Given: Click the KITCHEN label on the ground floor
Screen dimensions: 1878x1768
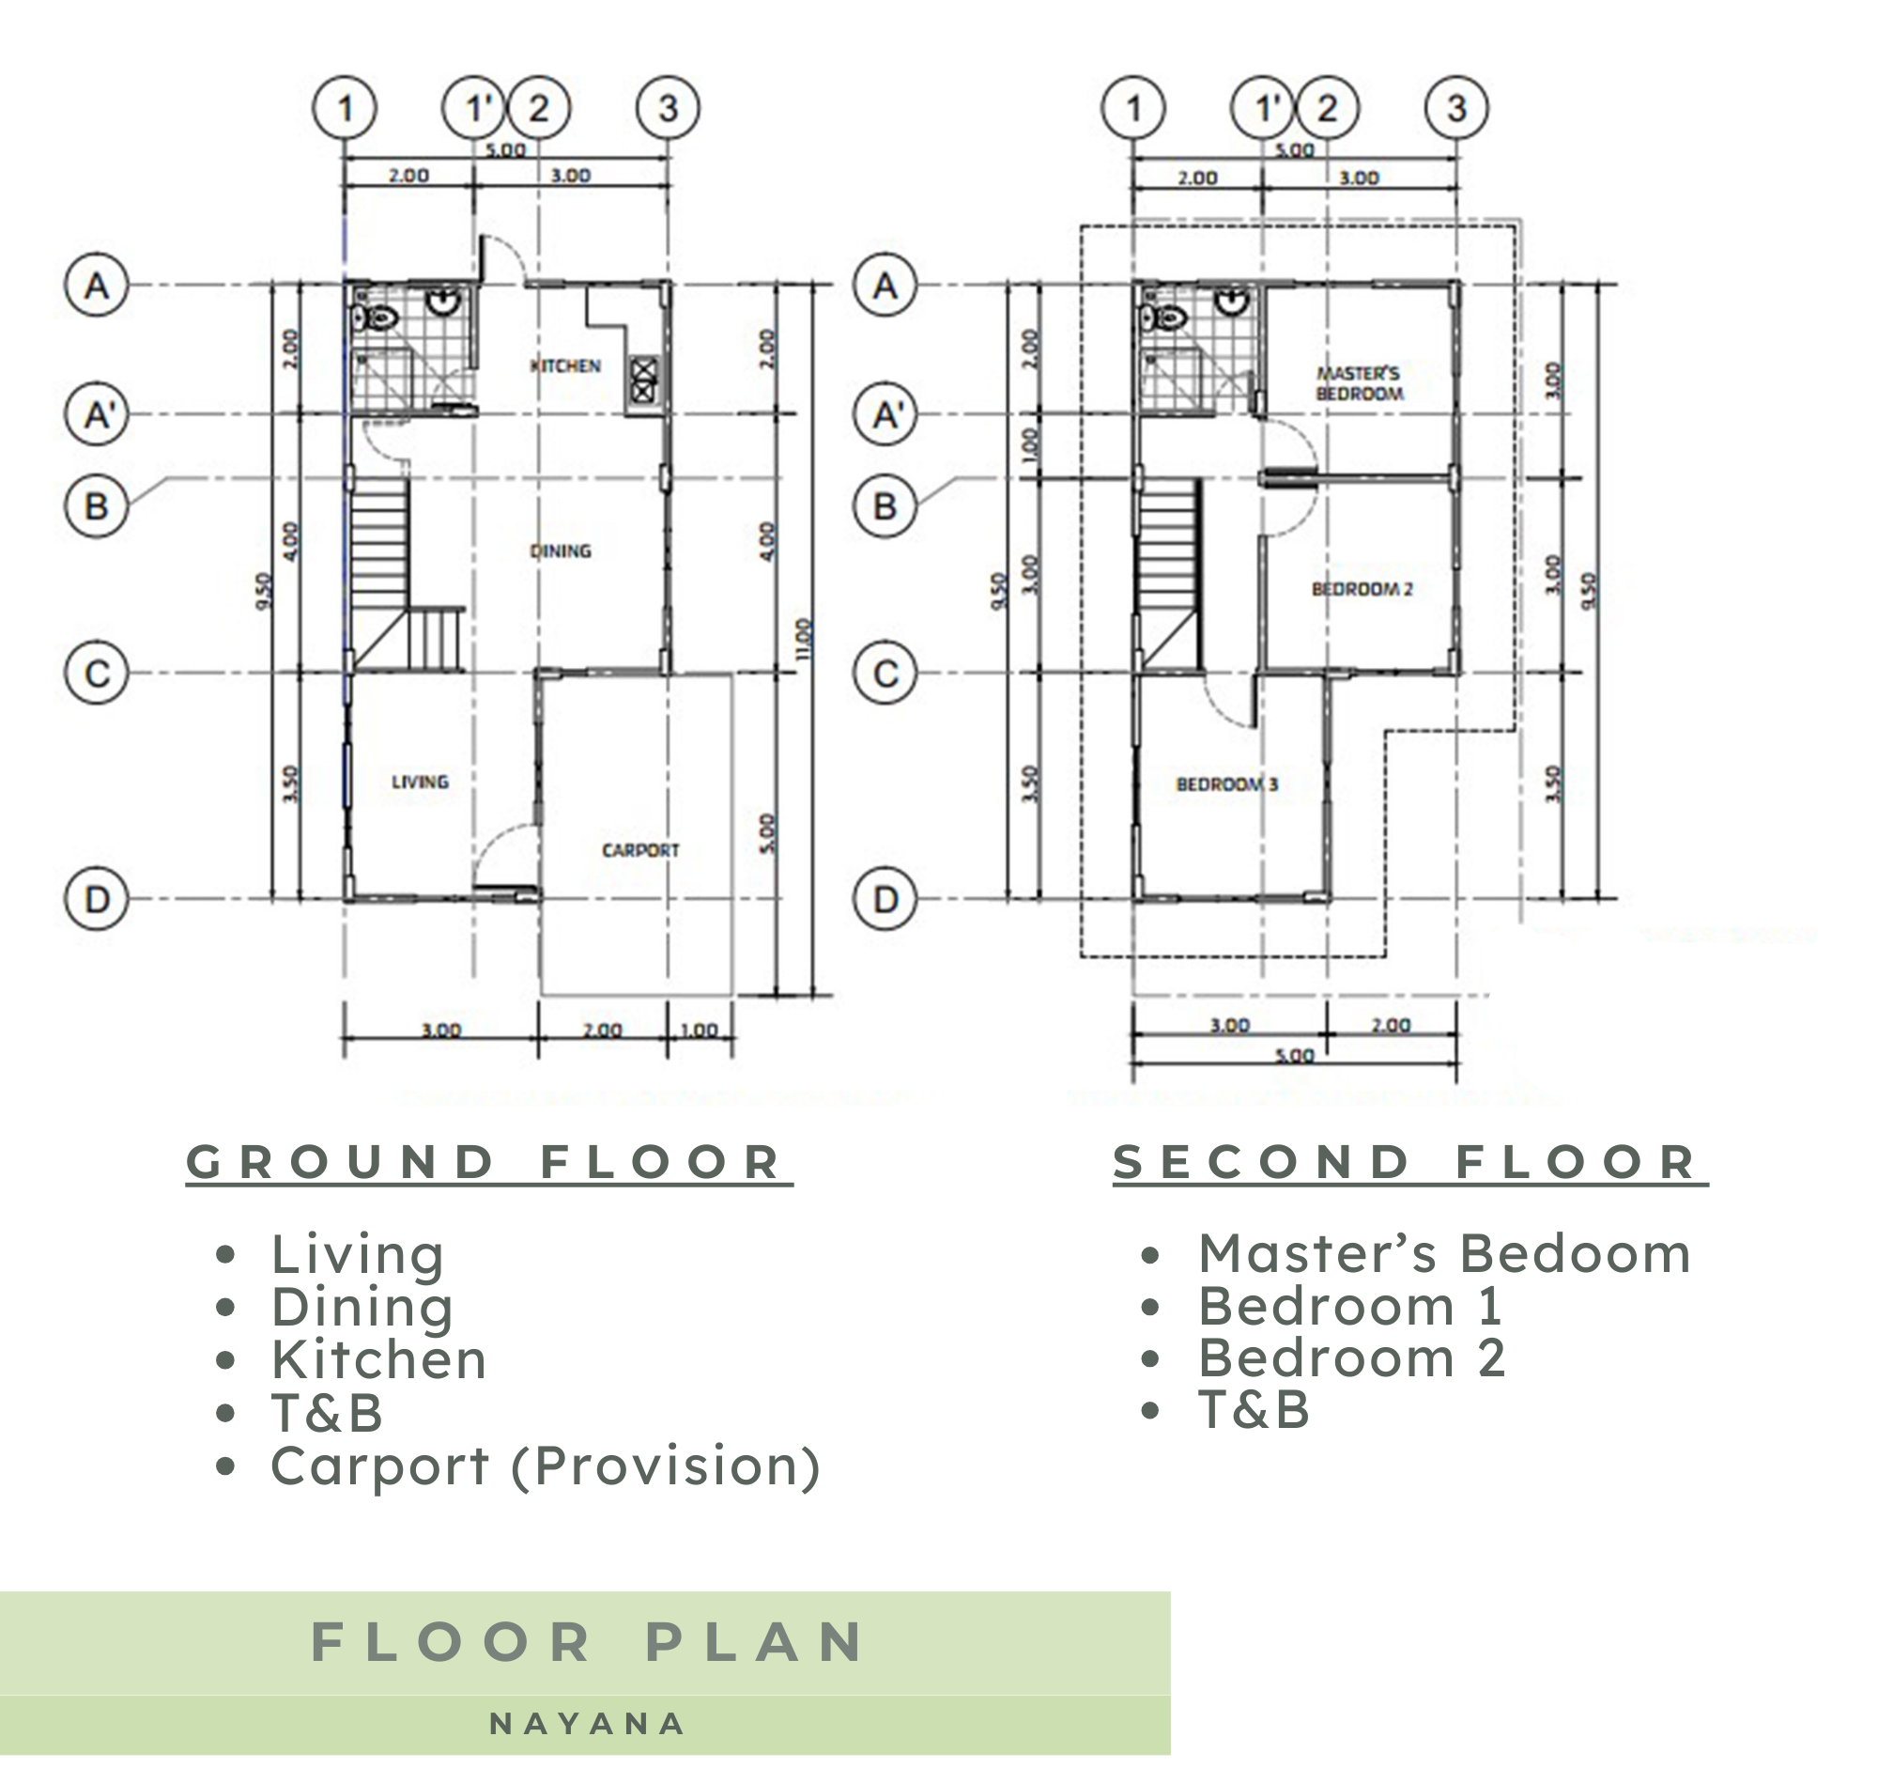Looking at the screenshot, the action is click(565, 365).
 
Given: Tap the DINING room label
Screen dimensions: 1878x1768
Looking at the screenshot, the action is click(561, 551).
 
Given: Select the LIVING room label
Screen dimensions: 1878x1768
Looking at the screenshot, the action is click(421, 782).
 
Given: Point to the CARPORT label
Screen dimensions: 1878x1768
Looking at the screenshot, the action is click(640, 850).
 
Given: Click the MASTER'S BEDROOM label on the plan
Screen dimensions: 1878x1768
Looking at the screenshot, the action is click(1360, 383).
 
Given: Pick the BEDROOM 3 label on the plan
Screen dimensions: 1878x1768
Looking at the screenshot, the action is click(1227, 784).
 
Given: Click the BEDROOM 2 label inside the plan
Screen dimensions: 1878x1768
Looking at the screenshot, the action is click(1362, 590).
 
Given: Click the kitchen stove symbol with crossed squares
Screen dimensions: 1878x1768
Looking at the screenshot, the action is click(643, 378).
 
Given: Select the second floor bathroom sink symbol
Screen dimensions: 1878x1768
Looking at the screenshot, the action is click(1232, 302).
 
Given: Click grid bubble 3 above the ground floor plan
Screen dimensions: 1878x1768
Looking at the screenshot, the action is click(668, 108).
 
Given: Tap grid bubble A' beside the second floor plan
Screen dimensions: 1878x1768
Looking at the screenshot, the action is click(885, 414).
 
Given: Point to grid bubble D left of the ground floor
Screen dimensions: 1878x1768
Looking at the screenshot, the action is click(97, 899).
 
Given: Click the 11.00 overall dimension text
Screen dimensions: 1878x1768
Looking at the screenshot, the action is click(803, 640).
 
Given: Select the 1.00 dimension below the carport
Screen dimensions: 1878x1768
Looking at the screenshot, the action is click(699, 1030).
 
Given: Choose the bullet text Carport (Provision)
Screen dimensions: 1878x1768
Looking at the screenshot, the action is click(545, 1466).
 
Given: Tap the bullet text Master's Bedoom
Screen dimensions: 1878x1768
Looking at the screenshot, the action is click(1444, 1254).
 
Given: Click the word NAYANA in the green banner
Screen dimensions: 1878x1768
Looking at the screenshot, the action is click(587, 1725).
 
